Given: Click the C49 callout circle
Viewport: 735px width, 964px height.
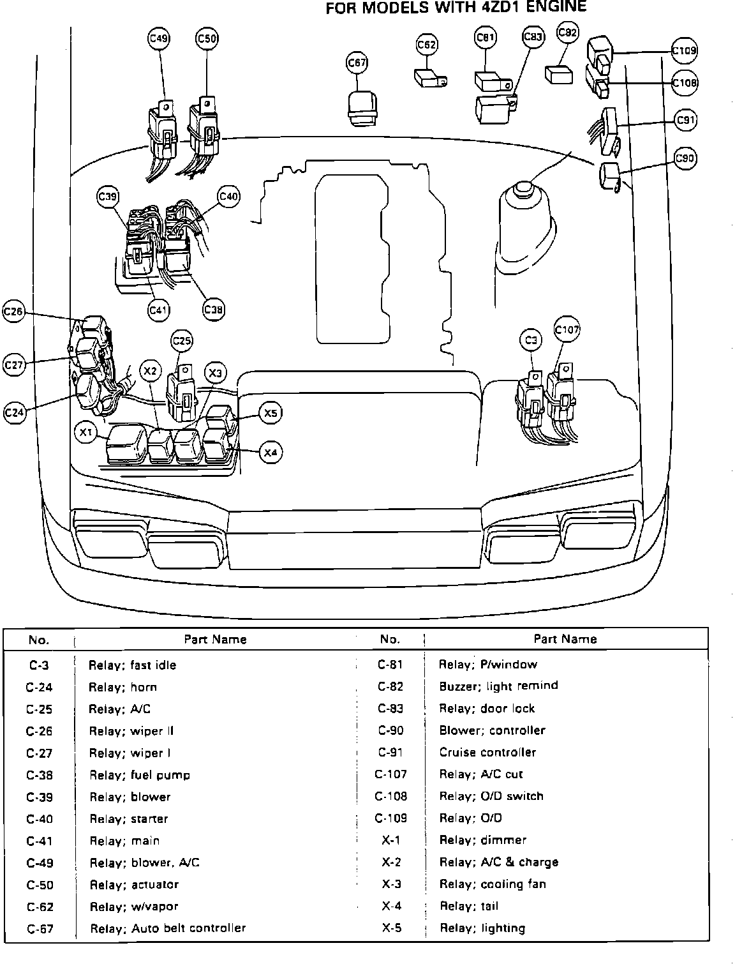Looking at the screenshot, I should coord(158,39).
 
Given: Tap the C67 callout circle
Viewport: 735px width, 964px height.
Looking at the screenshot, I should coord(357,63).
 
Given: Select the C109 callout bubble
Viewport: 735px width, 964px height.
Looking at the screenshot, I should coord(685,50).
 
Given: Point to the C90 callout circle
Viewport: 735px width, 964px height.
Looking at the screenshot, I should coord(685,158).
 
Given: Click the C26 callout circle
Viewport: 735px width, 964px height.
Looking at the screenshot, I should coord(13,312).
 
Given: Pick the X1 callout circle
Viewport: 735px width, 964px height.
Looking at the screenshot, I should coord(85,433).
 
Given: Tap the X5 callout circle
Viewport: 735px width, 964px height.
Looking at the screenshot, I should coord(271,413).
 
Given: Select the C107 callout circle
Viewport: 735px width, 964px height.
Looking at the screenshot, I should coord(567,330).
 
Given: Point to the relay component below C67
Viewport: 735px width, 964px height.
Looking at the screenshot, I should coord(360,107).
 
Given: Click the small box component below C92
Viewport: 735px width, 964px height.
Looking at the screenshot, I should coord(558,74).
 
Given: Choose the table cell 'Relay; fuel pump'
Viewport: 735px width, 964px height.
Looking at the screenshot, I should coord(139,775).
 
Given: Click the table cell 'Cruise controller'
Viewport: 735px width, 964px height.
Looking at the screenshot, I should coord(487,752).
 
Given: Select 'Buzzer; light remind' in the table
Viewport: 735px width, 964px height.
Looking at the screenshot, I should coord(498,686).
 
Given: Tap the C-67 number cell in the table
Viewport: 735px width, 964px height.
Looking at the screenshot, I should coord(39,928).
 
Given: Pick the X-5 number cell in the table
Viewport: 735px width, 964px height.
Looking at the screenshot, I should coord(391,928).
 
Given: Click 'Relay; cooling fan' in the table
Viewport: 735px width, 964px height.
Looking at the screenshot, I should coord(492,884).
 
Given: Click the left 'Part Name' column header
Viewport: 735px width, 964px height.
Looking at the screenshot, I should coord(215,639).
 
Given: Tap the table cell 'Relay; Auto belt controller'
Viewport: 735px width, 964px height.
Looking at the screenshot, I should coord(168,928).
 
